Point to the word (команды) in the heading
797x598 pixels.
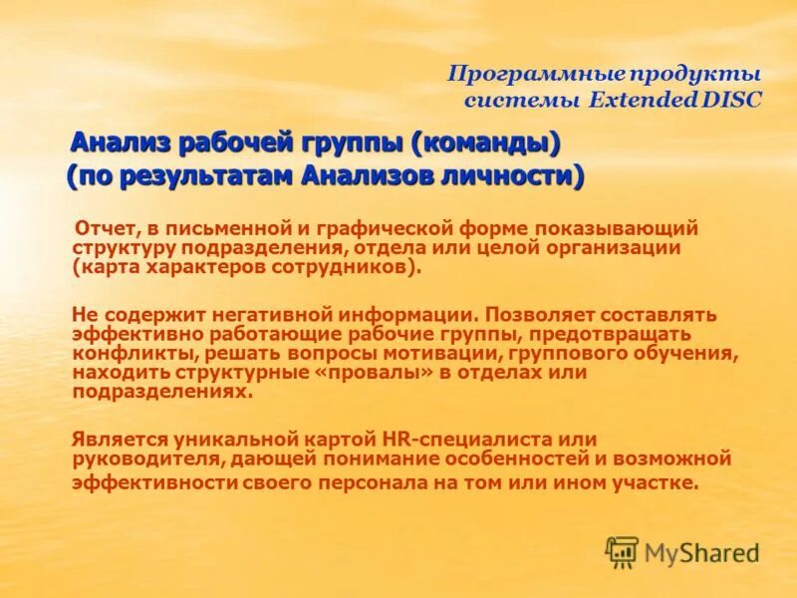pos(489,144)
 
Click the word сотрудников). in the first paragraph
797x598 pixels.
pos(342,268)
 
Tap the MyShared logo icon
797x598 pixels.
pos(622,551)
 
